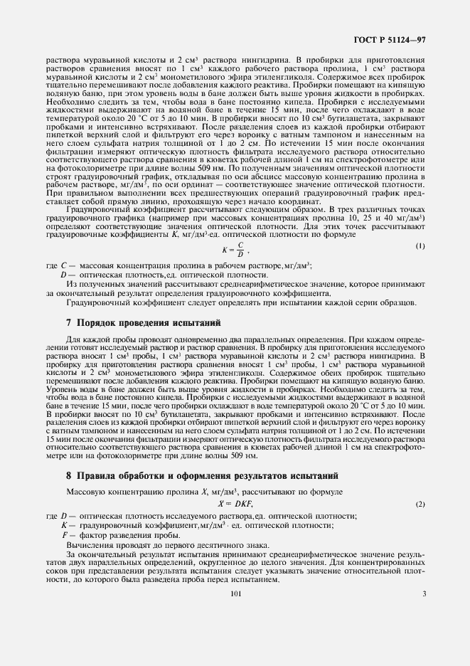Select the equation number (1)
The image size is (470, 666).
tap(420, 245)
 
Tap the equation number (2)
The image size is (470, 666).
tap(420, 504)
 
